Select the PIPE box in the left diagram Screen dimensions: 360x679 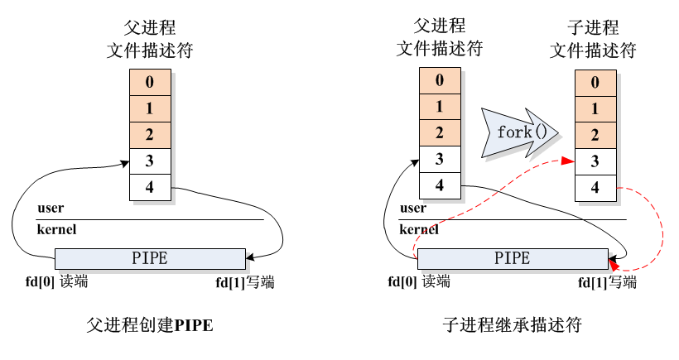coord(150,258)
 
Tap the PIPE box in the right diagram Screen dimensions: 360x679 coord(513,258)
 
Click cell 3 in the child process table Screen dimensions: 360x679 coord(595,161)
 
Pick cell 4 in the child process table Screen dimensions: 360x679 coord(595,187)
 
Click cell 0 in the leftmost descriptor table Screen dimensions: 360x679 coord(150,82)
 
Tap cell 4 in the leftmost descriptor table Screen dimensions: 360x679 coord(150,187)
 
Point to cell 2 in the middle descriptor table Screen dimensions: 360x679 coord(439,132)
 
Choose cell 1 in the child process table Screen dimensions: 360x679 coord(595,108)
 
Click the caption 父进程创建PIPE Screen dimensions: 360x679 coord(150,326)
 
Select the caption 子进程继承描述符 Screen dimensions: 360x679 coord(512,326)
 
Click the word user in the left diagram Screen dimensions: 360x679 coord(51,208)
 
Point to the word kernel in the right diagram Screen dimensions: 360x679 coord(419,229)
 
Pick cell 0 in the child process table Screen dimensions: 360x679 coord(595,83)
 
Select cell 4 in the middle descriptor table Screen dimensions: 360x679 coord(439,185)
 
